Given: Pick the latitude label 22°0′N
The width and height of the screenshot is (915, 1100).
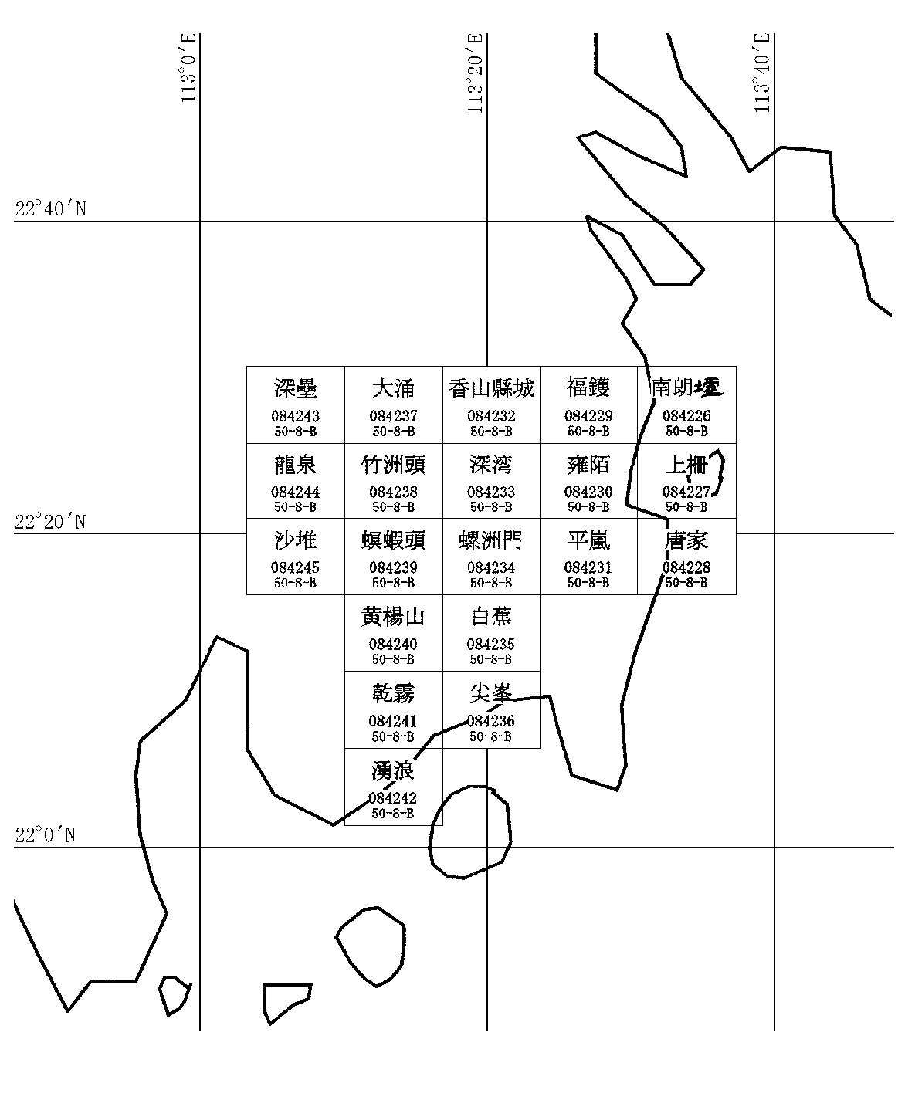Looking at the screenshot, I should tap(45, 835).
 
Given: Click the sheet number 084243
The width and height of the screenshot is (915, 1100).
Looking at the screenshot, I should tap(295, 416).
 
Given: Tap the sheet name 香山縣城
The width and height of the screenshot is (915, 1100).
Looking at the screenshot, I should tap(491, 388).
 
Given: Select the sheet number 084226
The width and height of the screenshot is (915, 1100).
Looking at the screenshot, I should tap(686, 416).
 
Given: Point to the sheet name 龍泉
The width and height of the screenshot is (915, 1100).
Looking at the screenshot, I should tap(295, 464).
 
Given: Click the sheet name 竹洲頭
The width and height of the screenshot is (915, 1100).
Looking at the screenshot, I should tap(393, 464).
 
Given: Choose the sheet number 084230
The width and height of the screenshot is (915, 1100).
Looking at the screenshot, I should tap(588, 492).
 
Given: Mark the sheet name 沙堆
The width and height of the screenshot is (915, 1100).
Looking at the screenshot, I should tap(295, 539).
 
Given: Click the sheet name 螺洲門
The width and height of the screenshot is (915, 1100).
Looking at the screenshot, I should tap(491, 540).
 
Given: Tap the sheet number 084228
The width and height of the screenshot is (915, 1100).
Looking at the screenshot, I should tap(686, 567).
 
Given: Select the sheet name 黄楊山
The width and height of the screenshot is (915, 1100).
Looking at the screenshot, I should tap(393, 616).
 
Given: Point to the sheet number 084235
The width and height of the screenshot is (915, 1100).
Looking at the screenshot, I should tap(491, 644).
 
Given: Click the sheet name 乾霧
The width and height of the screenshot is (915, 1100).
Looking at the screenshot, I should tap(393, 693).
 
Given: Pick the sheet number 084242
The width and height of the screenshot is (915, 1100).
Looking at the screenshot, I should tap(393, 798).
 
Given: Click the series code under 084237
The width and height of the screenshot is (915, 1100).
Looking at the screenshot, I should tap(393, 431).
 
